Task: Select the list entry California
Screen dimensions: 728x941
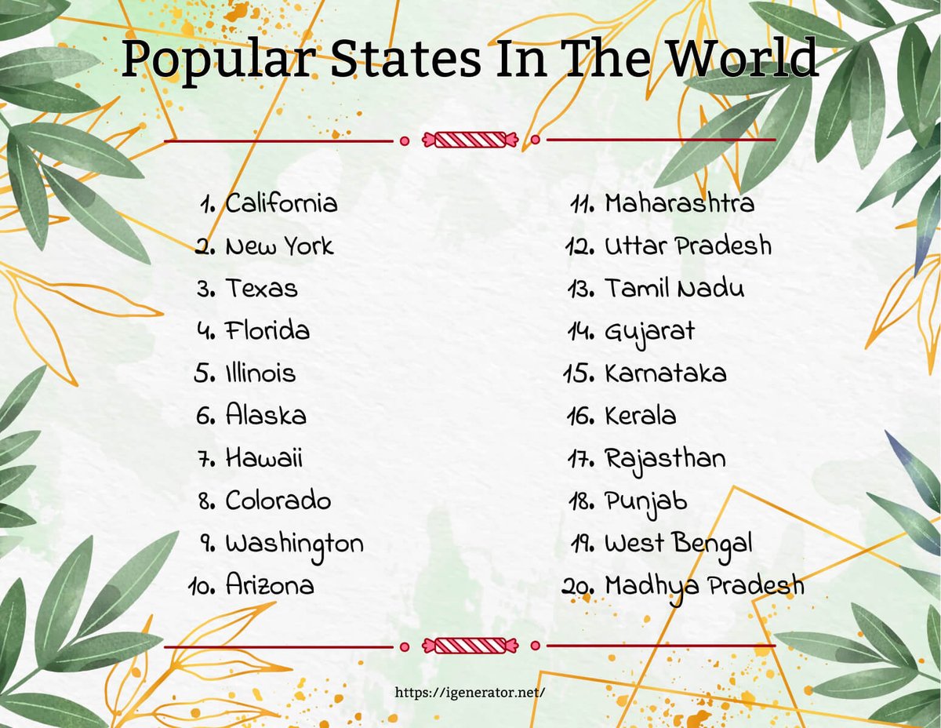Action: tap(282, 204)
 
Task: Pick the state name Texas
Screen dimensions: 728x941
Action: tap(262, 289)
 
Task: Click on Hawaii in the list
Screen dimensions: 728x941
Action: tap(264, 457)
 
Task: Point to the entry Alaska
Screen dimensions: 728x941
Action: tap(266, 415)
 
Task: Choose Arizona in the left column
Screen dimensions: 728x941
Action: tap(270, 584)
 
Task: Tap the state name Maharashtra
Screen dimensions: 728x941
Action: tap(679, 204)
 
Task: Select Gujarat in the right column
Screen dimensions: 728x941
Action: tap(649, 332)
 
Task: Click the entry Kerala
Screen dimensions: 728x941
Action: tap(640, 415)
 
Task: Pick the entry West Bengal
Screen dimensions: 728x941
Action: tap(678, 543)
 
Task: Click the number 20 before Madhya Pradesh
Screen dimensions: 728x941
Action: tap(579, 585)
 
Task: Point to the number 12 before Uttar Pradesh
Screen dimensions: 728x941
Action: tap(581, 247)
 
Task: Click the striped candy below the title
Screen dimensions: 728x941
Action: tap(470, 140)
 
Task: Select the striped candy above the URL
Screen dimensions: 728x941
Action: tap(470, 646)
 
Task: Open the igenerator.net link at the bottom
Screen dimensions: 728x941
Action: tap(470, 693)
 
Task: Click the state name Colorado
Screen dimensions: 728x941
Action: tap(278, 500)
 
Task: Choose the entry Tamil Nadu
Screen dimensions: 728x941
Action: tap(674, 289)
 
